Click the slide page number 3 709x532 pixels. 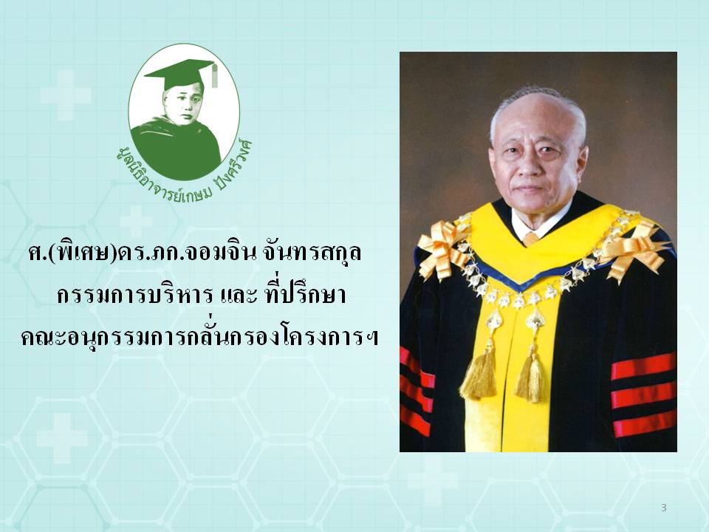point(664,508)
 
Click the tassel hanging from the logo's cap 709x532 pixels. point(214,75)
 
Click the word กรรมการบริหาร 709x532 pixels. point(134,296)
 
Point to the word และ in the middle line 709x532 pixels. point(238,296)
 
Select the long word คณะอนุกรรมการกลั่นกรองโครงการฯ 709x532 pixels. point(199,337)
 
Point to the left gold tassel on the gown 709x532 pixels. point(480,370)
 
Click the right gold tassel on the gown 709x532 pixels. point(531,376)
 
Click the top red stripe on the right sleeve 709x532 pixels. point(643,366)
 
